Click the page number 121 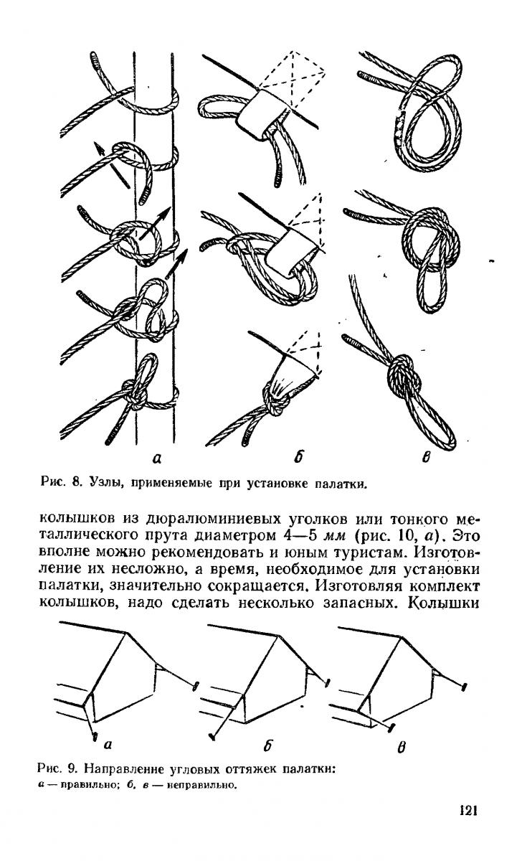pos(467,811)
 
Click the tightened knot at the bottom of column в pos(402,373)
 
